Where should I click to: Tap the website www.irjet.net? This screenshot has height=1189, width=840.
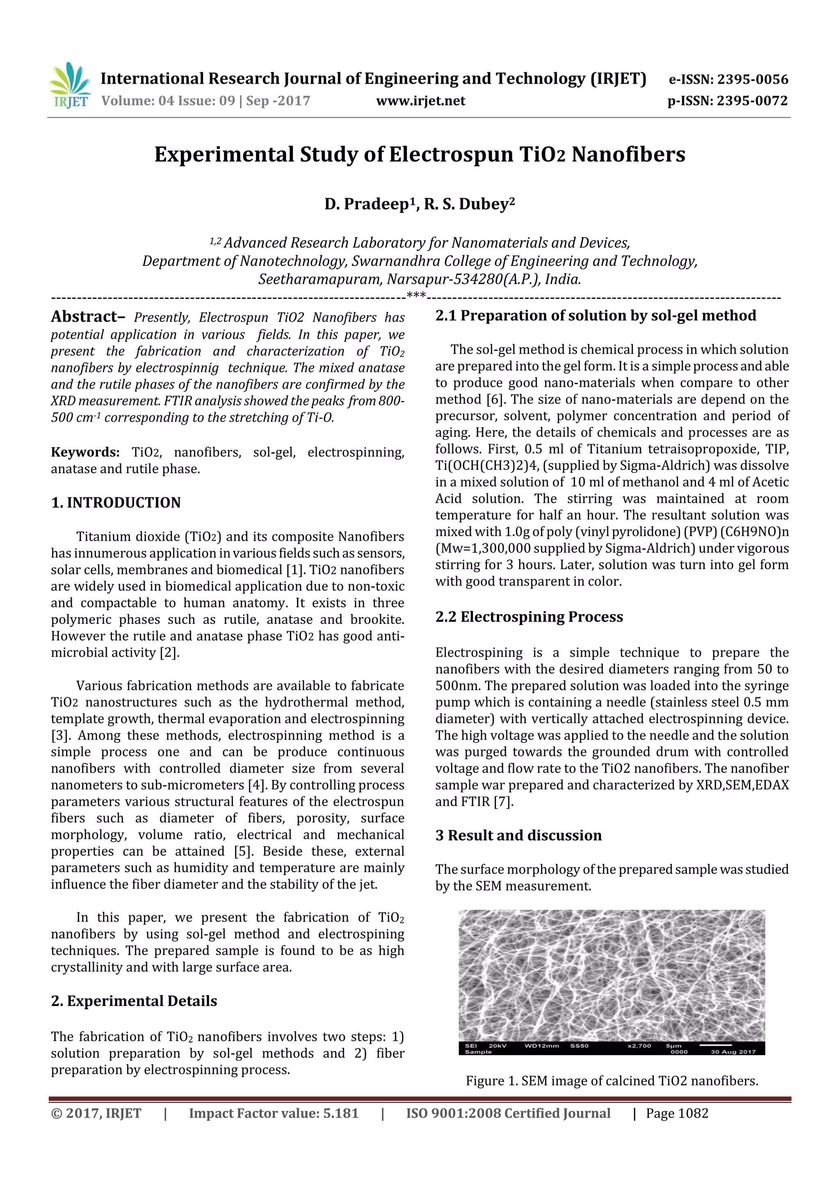[x=420, y=101]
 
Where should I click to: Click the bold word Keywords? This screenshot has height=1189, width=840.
[x=85, y=452]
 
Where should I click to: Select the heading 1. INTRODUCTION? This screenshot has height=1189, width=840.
[x=116, y=502]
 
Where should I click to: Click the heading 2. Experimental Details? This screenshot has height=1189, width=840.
[x=134, y=1001]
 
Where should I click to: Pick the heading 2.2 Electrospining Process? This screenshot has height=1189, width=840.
[x=529, y=617]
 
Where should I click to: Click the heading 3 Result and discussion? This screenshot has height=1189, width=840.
[x=518, y=835]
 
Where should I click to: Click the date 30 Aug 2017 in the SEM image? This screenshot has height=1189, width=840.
[x=733, y=1052]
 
